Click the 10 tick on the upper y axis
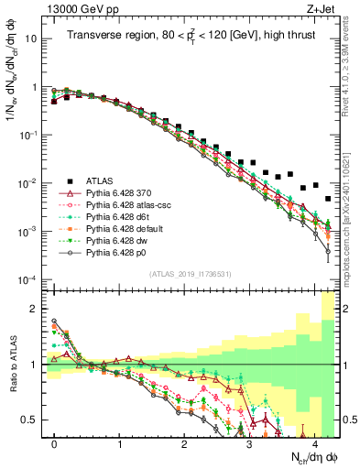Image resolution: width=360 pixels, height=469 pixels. pyautogui.click(x=33, y=39)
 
